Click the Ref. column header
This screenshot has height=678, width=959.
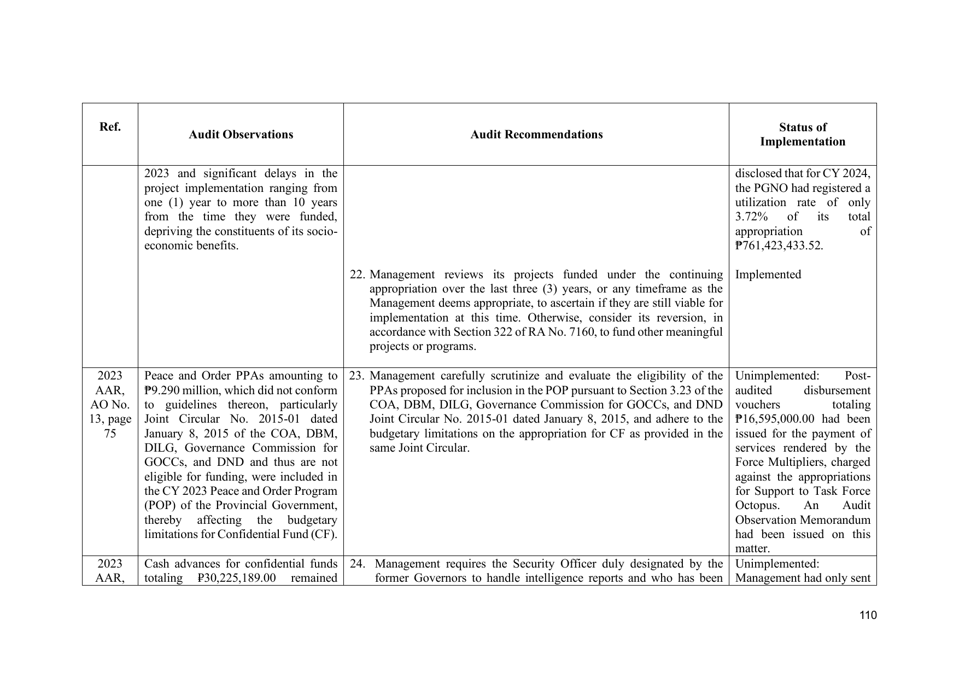pyautogui.click(x=110, y=127)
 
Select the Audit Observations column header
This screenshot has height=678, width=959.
pyautogui.click(x=241, y=135)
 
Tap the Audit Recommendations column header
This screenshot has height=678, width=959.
pyautogui.click(x=536, y=135)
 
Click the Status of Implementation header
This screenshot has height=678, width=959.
pyautogui.click(x=802, y=135)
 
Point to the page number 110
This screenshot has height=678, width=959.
pyautogui.click(x=868, y=615)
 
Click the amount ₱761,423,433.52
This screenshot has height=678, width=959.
pyautogui.click(x=779, y=246)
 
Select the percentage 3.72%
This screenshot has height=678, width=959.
pyautogui.click(x=753, y=217)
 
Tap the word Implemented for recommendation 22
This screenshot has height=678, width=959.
pyautogui.click(x=768, y=274)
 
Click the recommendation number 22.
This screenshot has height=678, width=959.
pyautogui.click(x=356, y=274)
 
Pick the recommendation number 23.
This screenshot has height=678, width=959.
pyautogui.click(x=356, y=376)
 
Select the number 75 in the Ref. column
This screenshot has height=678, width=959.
pyautogui.click(x=110, y=434)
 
